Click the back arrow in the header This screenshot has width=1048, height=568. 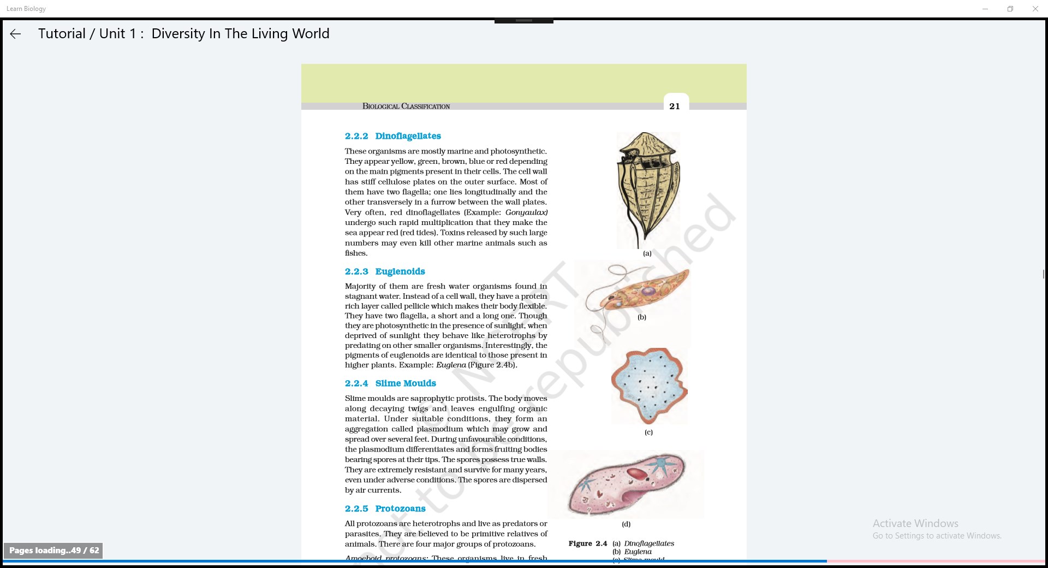(x=15, y=34)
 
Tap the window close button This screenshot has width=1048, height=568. (x=1035, y=9)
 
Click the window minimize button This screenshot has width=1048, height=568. (x=985, y=9)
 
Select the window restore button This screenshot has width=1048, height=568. (x=1010, y=9)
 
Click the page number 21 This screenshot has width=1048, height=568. (x=675, y=106)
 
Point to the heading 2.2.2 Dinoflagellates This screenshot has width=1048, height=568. (x=392, y=136)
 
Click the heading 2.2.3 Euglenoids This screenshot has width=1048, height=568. (x=384, y=271)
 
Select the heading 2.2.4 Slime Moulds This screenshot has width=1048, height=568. (x=390, y=383)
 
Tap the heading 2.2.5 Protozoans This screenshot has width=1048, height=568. (x=385, y=508)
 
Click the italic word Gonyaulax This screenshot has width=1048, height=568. (x=526, y=212)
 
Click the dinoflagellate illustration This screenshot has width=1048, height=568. (x=647, y=188)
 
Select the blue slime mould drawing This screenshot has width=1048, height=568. (x=649, y=386)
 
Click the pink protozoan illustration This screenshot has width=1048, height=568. (x=626, y=484)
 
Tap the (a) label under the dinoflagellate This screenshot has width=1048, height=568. (x=647, y=253)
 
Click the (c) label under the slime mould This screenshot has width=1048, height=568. (x=648, y=432)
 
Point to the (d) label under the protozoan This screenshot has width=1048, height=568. (x=626, y=524)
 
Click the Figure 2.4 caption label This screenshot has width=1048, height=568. (x=587, y=543)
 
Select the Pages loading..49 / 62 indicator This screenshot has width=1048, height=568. (x=54, y=551)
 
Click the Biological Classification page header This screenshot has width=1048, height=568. (x=406, y=106)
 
